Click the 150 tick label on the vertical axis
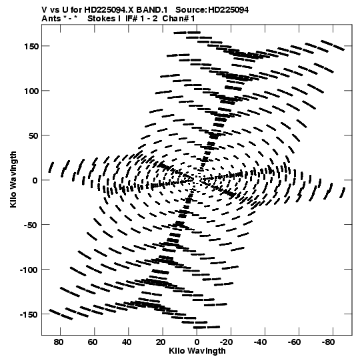(x=31, y=47)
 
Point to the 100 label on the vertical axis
(x=31, y=91)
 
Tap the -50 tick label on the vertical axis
(x=31, y=225)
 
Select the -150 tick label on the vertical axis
(x=29, y=314)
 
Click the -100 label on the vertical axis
(x=29, y=270)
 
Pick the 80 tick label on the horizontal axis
(x=59, y=342)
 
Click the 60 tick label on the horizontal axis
(x=93, y=342)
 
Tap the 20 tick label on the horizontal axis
(x=161, y=342)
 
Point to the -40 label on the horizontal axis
(x=260, y=342)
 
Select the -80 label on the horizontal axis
(x=328, y=342)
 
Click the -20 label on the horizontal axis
(x=226, y=342)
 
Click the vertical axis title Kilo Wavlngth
(x=13, y=179)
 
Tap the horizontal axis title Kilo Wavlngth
(x=197, y=351)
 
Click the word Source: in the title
(x=191, y=10)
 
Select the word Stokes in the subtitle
(x=102, y=19)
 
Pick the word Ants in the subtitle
(x=51, y=19)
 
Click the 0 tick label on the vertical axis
(x=35, y=180)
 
